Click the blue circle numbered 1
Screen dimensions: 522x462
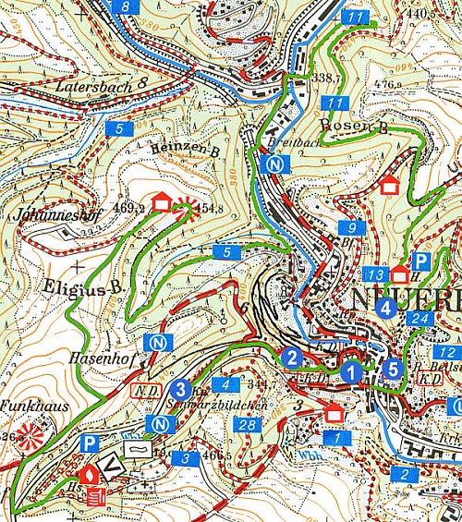[351, 371]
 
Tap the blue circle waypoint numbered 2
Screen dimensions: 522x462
[292, 358]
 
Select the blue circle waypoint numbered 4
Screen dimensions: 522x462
[385, 308]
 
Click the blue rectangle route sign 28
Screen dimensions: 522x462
[247, 425]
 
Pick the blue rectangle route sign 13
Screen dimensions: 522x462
[375, 275]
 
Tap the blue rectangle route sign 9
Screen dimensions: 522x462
[346, 228]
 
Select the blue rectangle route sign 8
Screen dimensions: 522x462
[127, 6]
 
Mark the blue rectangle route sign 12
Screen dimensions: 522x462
[446, 353]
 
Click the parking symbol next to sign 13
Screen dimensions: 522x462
[420, 262]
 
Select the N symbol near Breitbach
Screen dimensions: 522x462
[272, 164]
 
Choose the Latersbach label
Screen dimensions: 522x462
[93, 86]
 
